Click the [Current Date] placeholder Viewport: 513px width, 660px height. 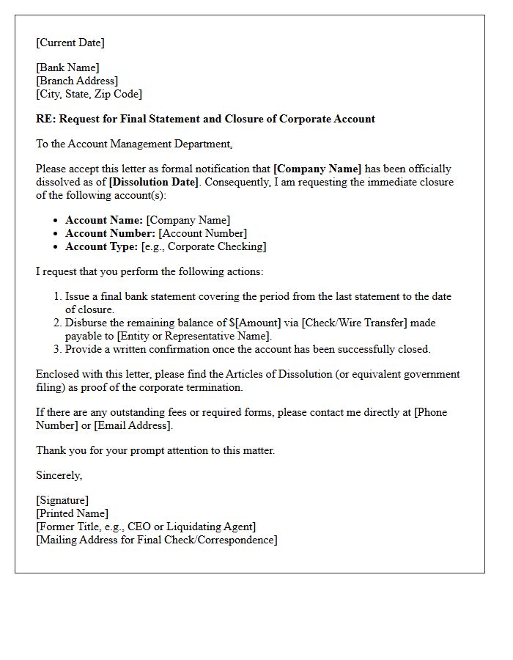(70, 43)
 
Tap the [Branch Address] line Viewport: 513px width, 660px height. (77, 81)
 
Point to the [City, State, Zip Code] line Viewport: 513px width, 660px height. (89, 94)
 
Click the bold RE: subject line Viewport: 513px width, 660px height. (205, 119)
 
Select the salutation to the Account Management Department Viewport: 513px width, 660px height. (134, 144)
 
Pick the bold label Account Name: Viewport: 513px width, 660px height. (104, 220)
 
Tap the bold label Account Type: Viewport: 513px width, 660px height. (101, 246)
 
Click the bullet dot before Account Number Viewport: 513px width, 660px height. (56, 234)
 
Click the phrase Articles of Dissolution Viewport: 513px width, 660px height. (274, 374)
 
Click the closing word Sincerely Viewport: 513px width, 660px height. (59, 475)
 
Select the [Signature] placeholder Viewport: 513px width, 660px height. (62, 500)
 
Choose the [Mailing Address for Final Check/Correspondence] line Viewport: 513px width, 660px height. (157, 540)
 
